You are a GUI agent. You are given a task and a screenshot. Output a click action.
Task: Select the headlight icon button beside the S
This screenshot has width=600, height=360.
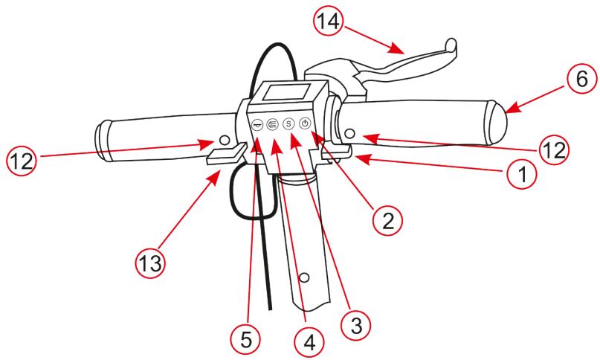pyautogui.click(x=272, y=124)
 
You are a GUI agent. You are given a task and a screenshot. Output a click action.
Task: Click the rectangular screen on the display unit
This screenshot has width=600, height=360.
pyautogui.click(x=272, y=95)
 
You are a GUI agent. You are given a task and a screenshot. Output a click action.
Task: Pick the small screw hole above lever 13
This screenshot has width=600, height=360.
pyautogui.click(x=224, y=139)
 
